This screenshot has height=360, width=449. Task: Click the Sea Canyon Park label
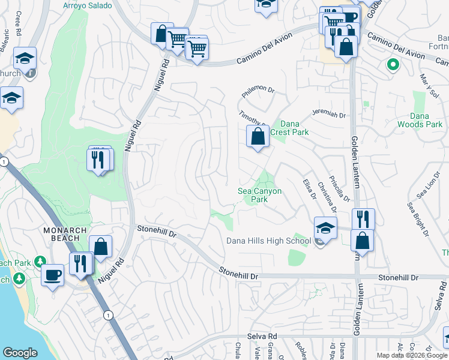click(260, 194)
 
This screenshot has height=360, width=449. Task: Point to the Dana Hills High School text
click(268, 241)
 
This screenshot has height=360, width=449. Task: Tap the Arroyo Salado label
click(88, 5)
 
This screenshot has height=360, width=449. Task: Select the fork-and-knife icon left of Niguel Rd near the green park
click(100, 160)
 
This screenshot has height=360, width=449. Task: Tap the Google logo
click(20, 353)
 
